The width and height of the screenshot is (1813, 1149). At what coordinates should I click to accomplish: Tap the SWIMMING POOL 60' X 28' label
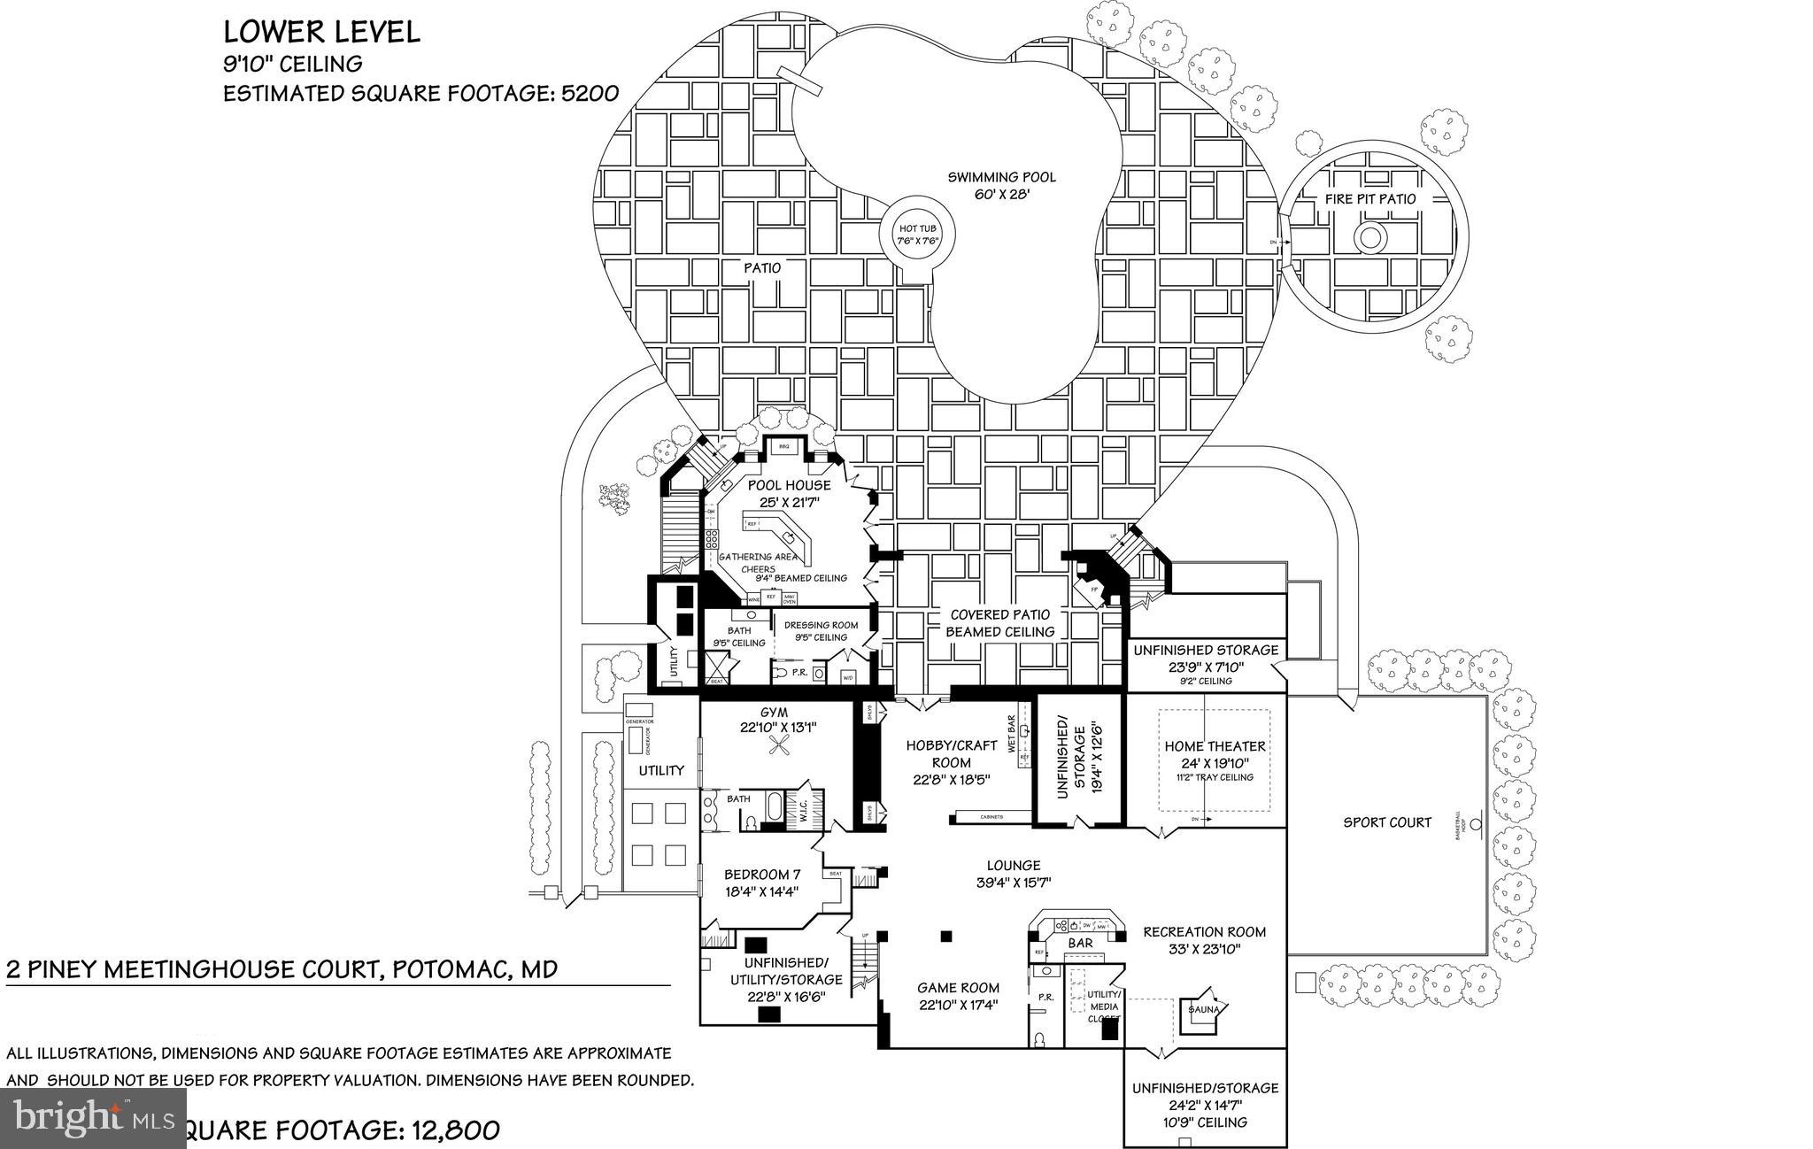(1001, 185)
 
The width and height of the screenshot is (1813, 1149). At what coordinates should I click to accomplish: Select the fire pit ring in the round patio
(1369, 237)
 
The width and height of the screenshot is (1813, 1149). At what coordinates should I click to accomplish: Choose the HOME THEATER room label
(1215, 746)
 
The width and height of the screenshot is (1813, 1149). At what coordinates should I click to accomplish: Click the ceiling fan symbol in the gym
(780, 749)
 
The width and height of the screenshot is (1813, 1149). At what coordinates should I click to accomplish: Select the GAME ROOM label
(958, 988)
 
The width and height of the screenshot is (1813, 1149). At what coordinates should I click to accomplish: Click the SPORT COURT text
(1386, 822)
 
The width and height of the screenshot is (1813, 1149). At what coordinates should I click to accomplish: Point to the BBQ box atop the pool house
(783, 448)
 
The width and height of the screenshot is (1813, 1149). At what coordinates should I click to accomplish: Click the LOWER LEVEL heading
(321, 33)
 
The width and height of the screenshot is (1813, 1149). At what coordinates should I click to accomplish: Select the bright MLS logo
(94, 1119)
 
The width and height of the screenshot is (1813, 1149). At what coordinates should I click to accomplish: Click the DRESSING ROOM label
(821, 625)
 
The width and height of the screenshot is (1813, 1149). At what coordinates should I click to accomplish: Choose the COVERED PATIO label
(999, 614)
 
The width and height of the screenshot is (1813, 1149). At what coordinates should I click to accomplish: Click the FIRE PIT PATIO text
(1370, 199)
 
